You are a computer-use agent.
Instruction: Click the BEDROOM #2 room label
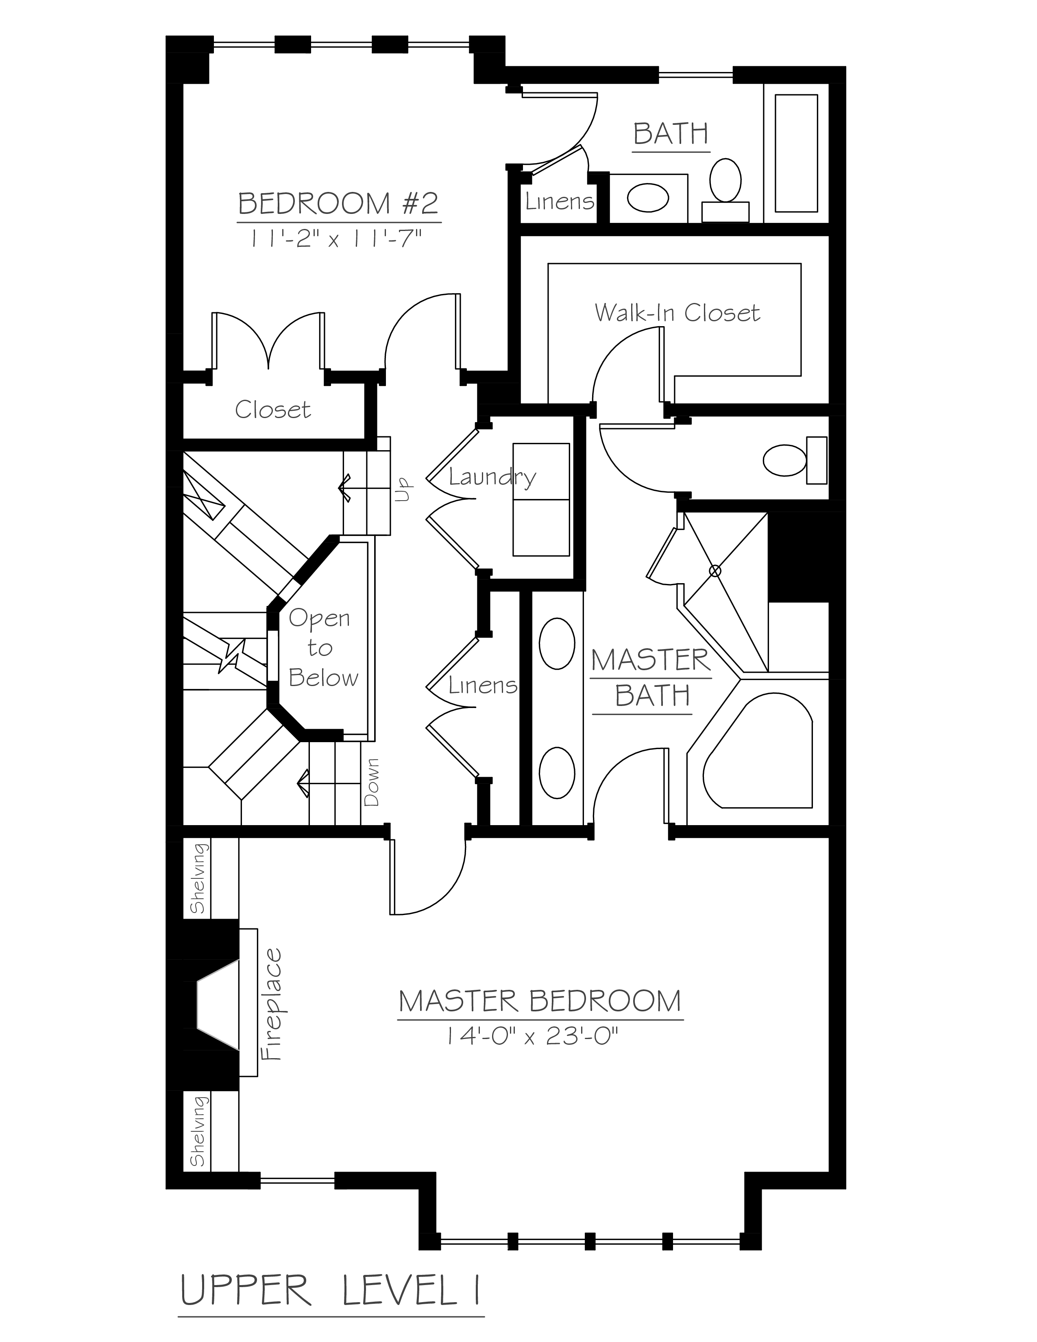(338, 203)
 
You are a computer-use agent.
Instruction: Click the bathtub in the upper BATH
(796, 153)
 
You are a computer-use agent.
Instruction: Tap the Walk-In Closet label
(677, 313)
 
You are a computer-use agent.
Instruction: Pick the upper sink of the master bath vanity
(557, 643)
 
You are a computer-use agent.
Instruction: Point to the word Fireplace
(271, 1004)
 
